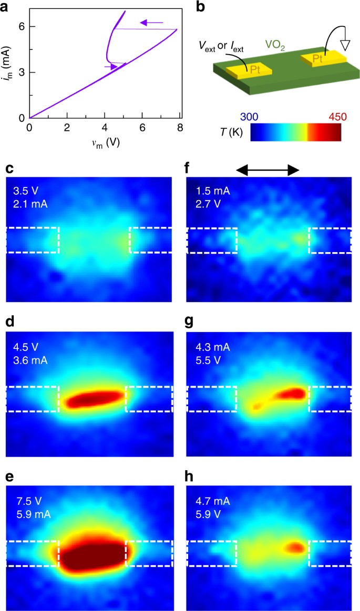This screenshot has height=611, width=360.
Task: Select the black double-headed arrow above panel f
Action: click(x=268, y=170)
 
